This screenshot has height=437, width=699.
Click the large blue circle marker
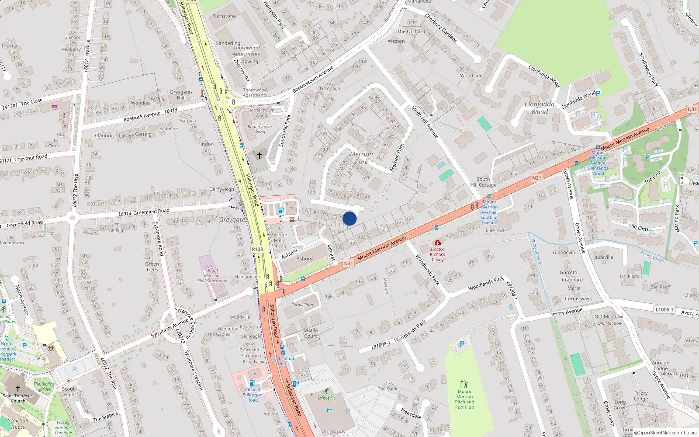coord(349,218)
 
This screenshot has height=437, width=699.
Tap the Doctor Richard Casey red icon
coord(437,243)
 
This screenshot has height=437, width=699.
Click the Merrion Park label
coord(361,158)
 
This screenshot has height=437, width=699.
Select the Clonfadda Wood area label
coord(540,108)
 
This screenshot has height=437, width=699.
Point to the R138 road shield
coord(257,249)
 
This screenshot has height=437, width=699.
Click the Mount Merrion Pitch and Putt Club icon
coord(464,385)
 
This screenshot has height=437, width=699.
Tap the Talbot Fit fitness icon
coord(326,391)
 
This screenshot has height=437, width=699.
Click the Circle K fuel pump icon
coord(252,383)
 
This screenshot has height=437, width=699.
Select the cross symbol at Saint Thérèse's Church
coord(18,388)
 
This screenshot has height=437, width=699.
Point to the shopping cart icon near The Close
coord(55,107)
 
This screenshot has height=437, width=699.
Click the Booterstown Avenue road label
coord(313,79)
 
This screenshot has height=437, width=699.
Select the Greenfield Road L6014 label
coord(144,212)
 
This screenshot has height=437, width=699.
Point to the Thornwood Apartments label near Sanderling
coord(246,51)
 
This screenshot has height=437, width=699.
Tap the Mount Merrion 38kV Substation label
coord(212,275)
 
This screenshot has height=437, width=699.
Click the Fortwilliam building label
coord(302,305)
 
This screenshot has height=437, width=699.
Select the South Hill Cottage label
coord(483,182)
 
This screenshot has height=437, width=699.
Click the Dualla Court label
coord(311,333)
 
